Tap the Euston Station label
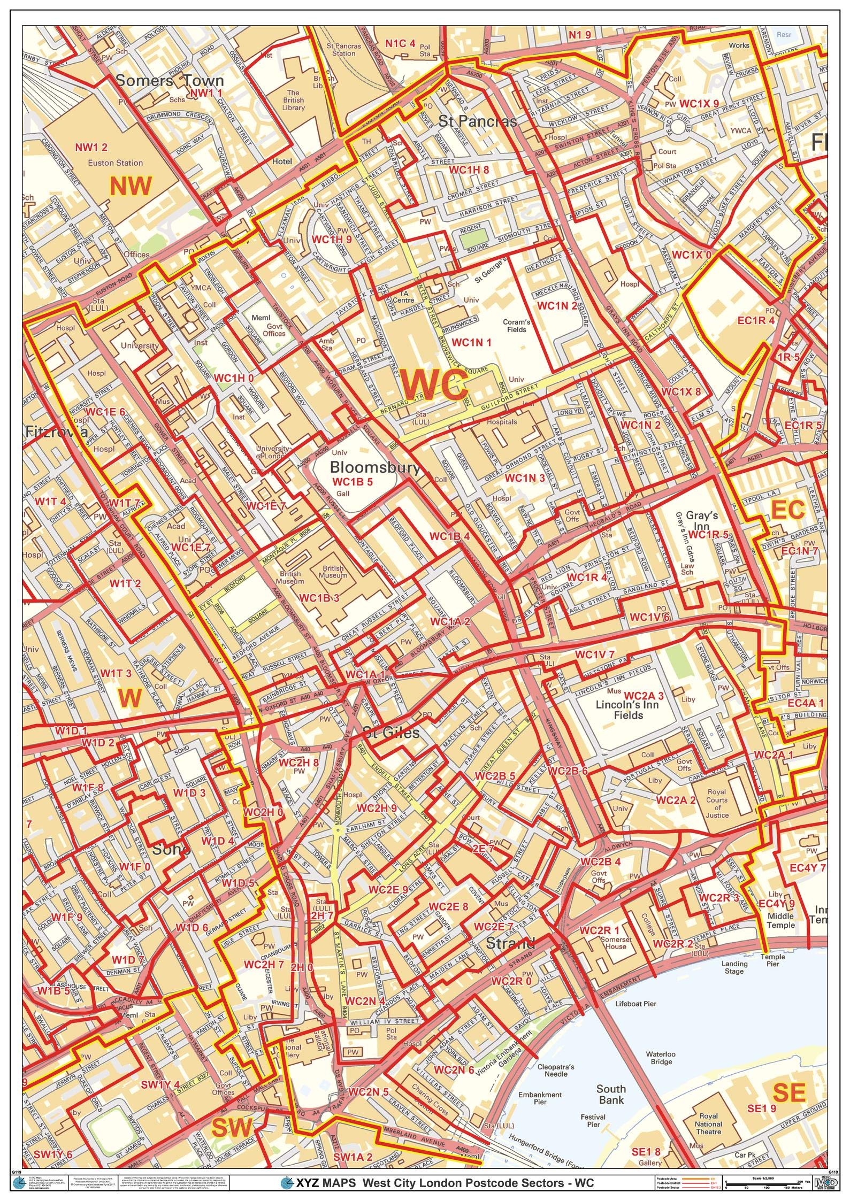[116, 163]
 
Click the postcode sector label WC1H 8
[469, 170]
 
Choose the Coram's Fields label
[516, 326]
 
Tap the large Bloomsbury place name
[374, 468]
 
